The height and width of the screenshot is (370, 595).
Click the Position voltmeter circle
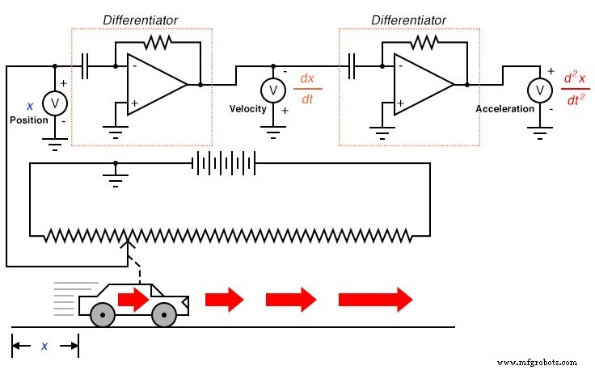pyautogui.click(x=55, y=103)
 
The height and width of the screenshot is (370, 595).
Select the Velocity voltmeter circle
pyautogui.click(x=273, y=89)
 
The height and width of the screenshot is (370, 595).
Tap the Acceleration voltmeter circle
pyautogui.click(x=539, y=89)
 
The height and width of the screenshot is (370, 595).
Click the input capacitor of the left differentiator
pyautogui.click(x=86, y=66)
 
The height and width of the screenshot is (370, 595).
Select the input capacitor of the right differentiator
pyautogui.click(x=352, y=66)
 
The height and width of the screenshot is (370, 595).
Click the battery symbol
pyautogui.click(x=223, y=165)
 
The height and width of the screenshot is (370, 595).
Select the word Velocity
pyautogui.click(x=247, y=109)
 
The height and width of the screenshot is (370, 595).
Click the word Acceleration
pyautogui.click(x=505, y=109)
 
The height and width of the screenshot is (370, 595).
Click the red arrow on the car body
pyautogui.click(x=134, y=299)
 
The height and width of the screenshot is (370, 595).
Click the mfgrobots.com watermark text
pyautogui.click(x=537, y=362)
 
